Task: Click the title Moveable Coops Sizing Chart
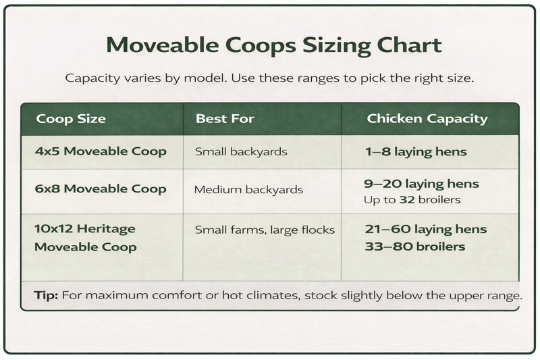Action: coord(274,45)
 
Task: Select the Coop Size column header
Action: coord(71,119)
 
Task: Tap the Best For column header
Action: coord(225,119)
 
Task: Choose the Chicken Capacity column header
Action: coord(427,119)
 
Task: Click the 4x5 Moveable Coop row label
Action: coord(101,151)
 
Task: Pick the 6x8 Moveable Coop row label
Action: coord(101,188)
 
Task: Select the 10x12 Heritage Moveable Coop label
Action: coord(85,238)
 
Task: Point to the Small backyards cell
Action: coord(241,151)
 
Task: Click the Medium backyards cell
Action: coord(248,189)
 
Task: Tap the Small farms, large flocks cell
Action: coord(265,230)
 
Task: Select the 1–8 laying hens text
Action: coord(415,151)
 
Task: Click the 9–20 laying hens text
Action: coord(421,184)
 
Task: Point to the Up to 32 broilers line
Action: coord(413,199)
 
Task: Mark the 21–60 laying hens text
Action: coord(425,230)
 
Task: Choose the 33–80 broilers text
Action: coord(414,247)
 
